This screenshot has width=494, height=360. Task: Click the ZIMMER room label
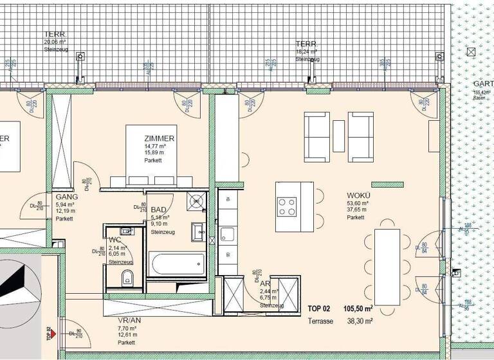coord(160,138)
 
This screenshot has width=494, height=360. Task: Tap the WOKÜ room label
coord(358,195)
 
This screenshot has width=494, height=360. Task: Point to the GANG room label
coord(67,197)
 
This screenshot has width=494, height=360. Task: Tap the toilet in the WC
coord(127,276)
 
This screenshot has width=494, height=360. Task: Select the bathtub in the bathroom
coord(176,264)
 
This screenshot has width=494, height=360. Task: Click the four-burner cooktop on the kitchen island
coord(287,206)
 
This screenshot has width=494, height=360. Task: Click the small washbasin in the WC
coord(126,230)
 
